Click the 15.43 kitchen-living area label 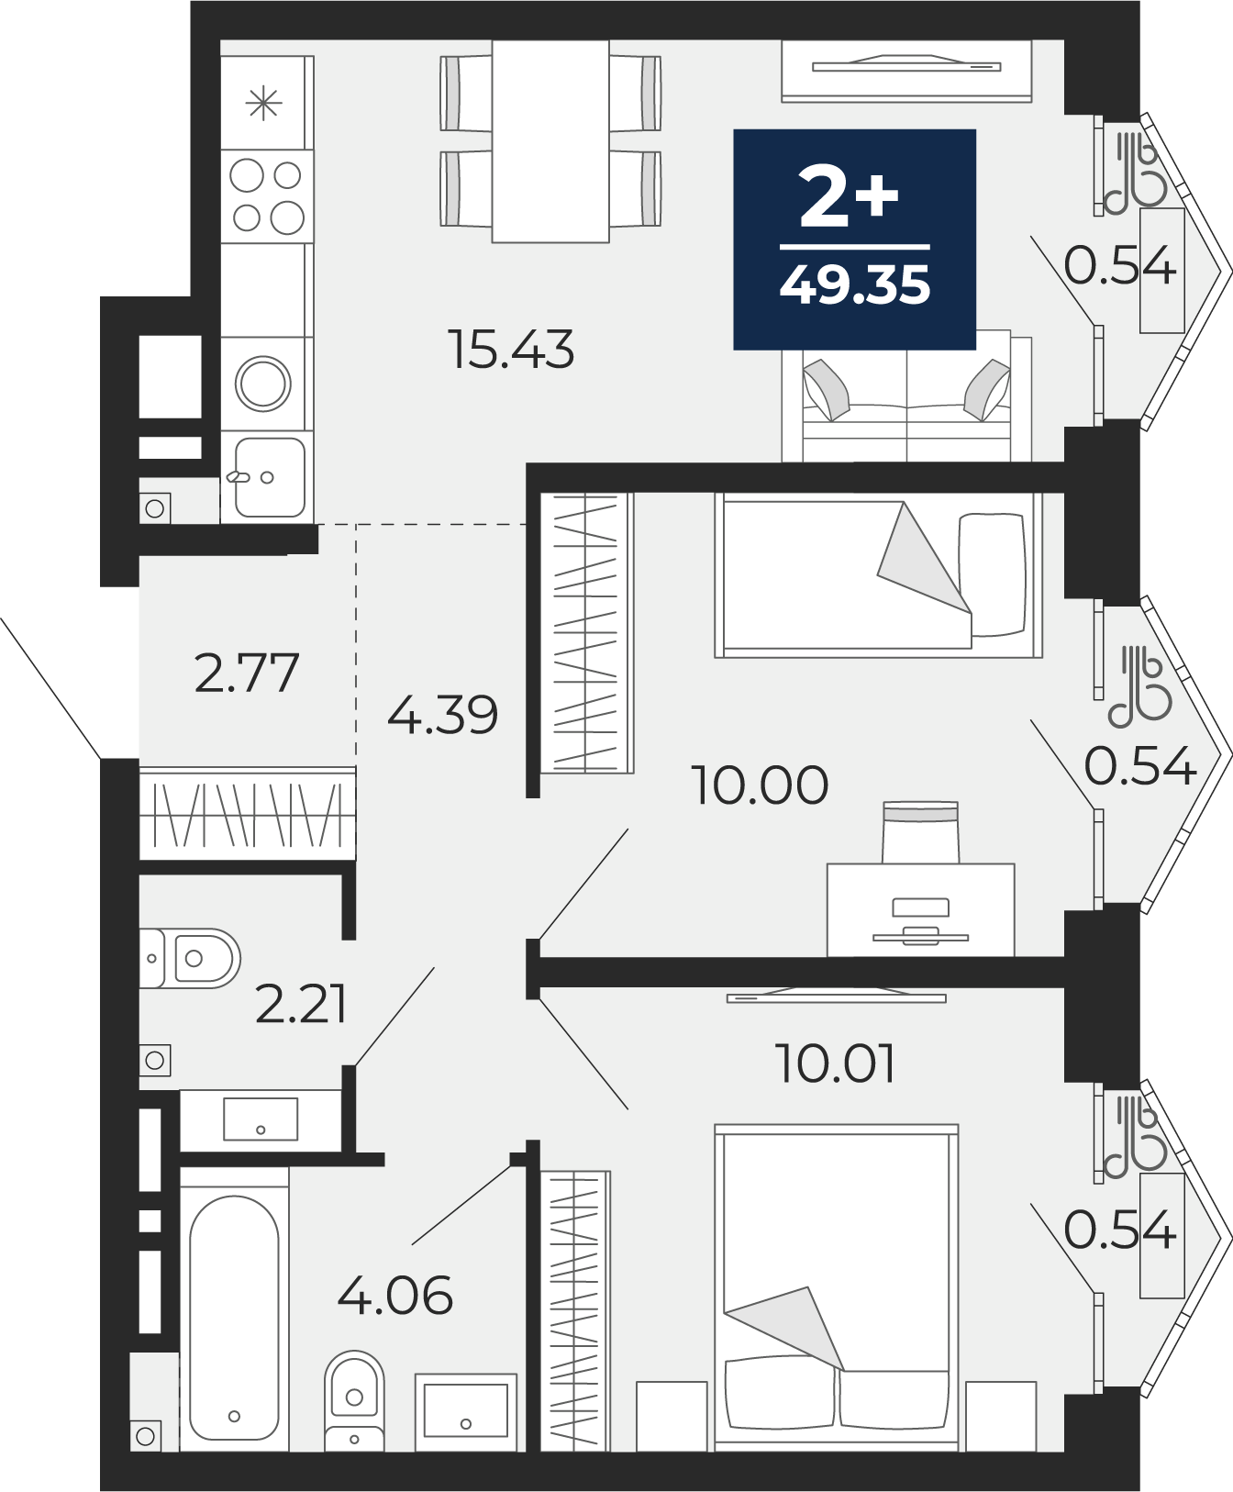[512, 350]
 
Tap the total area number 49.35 [855, 284]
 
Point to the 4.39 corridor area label [442, 714]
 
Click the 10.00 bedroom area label [760, 785]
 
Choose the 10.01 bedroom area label [835, 1063]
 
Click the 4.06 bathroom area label [394, 1295]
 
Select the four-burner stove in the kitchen [267, 196]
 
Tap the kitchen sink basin [268, 477]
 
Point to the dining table [550, 141]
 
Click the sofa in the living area [907, 396]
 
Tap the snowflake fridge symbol [264, 103]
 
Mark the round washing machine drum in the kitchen [263, 384]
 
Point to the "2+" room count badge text [849, 196]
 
